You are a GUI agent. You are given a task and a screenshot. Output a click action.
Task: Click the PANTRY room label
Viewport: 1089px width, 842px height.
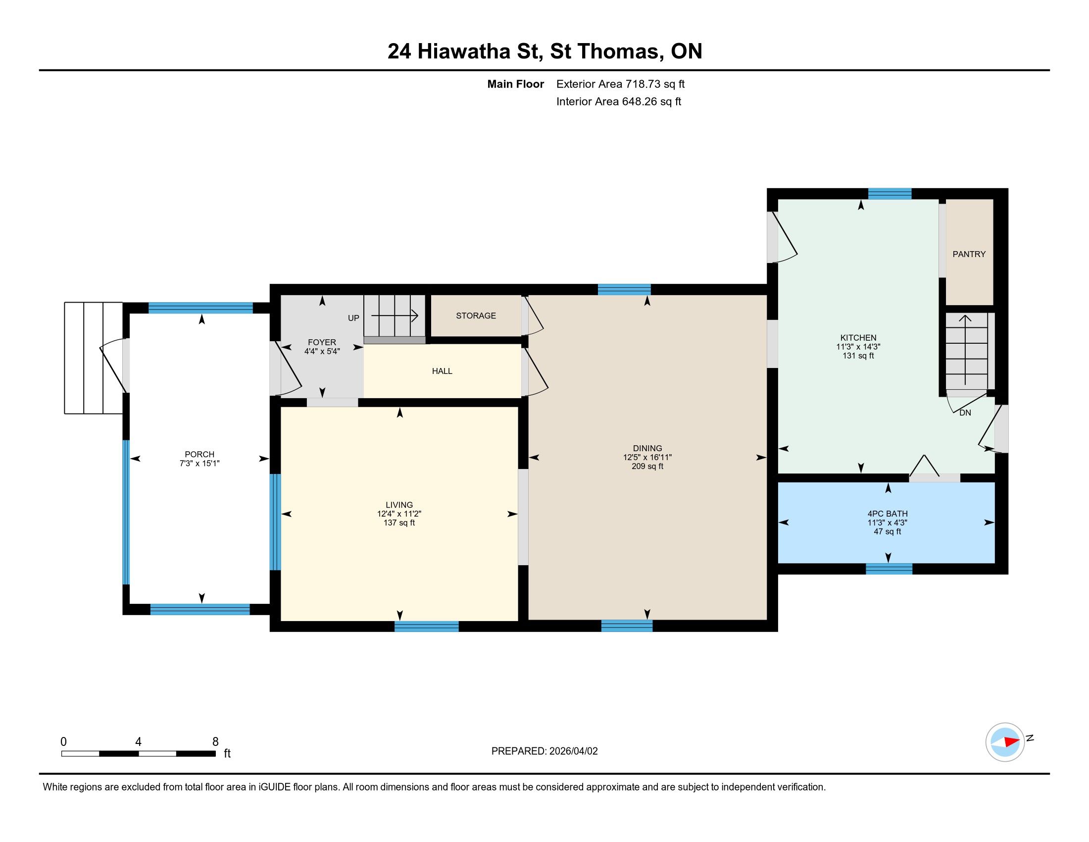(x=969, y=255)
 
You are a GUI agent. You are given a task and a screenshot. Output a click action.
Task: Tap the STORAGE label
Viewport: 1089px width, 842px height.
(x=476, y=316)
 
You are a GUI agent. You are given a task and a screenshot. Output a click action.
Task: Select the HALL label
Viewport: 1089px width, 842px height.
(x=442, y=371)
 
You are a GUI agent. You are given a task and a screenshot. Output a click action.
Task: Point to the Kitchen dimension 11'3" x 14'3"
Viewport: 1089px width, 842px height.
(x=858, y=347)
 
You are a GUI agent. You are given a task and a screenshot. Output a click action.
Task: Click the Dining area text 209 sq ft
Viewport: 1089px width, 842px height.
(x=647, y=467)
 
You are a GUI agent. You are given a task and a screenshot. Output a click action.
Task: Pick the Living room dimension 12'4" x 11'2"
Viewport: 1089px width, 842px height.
(x=399, y=514)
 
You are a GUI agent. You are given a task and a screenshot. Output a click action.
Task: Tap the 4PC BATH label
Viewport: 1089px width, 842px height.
(x=888, y=514)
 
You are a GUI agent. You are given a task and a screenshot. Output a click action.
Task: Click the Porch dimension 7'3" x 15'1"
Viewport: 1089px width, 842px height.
(x=199, y=464)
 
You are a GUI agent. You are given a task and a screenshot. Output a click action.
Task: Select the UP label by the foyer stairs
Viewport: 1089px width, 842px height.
(x=353, y=318)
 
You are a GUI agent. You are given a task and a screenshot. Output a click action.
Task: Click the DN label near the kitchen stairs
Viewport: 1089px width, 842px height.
(x=965, y=413)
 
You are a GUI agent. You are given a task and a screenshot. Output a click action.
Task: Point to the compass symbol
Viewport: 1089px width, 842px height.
(x=1005, y=742)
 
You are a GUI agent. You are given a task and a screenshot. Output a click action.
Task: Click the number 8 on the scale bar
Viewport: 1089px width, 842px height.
(x=215, y=742)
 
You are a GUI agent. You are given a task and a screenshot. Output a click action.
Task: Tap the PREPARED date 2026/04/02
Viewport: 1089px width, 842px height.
(x=573, y=751)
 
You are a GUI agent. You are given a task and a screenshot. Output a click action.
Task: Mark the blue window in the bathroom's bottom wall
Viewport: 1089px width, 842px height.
(x=889, y=569)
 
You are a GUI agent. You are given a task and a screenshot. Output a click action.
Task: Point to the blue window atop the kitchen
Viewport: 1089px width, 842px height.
(x=890, y=194)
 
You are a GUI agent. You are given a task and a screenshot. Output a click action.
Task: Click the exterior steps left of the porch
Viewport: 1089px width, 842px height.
(x=94, y=358)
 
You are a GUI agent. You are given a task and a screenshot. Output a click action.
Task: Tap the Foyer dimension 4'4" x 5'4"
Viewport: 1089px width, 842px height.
(x=322, y=351)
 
